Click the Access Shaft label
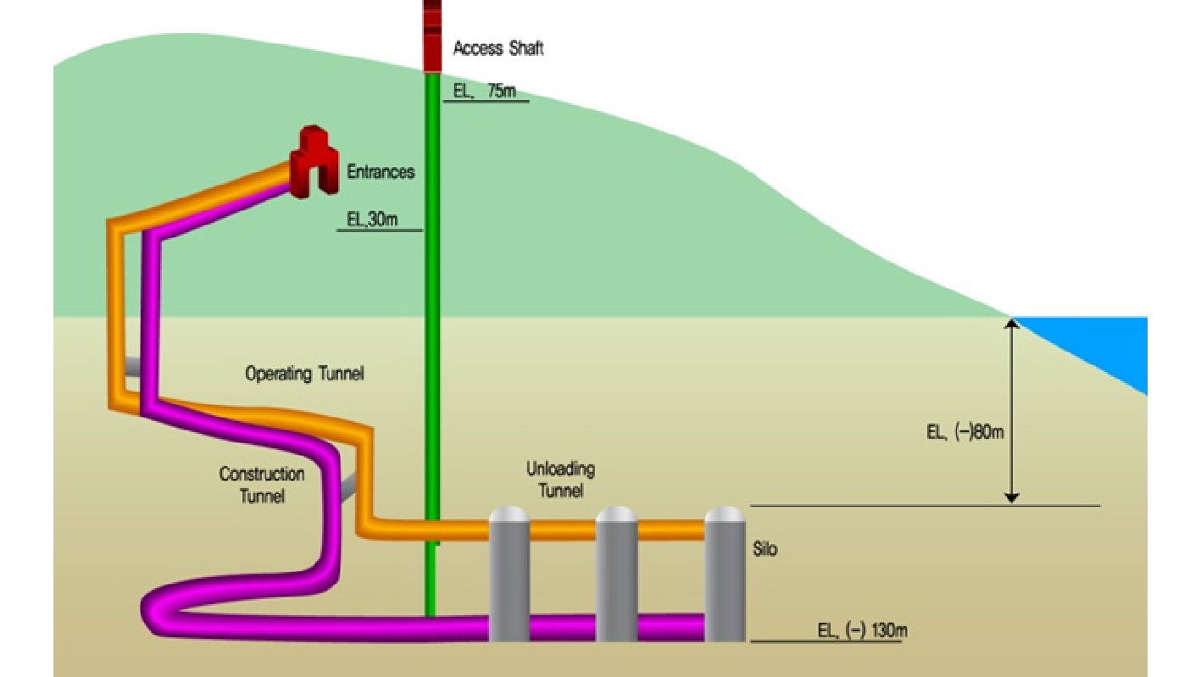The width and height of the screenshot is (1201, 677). (x=498, y=48)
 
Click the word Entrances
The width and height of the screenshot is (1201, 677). (x=381, y=172)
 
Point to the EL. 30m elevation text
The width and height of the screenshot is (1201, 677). (x=372, y=219)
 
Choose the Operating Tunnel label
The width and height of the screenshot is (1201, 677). (x=304, y=373)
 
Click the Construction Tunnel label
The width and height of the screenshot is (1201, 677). (x=261, y=485)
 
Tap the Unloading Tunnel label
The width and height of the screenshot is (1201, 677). (x=560, y=479)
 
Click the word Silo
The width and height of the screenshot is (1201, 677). (x=765, y=549)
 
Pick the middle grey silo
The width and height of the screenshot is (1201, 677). (x=616, y=576)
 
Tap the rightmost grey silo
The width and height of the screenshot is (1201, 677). (x=725, y=576)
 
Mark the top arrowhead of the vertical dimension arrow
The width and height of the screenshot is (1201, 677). (x=1010, y=323)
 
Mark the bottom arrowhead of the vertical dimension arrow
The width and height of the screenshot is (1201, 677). (x=1010, y=498)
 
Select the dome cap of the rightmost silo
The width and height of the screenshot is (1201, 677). (x=725, y=514)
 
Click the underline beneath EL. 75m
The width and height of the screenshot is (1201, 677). (x=486, y=102)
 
